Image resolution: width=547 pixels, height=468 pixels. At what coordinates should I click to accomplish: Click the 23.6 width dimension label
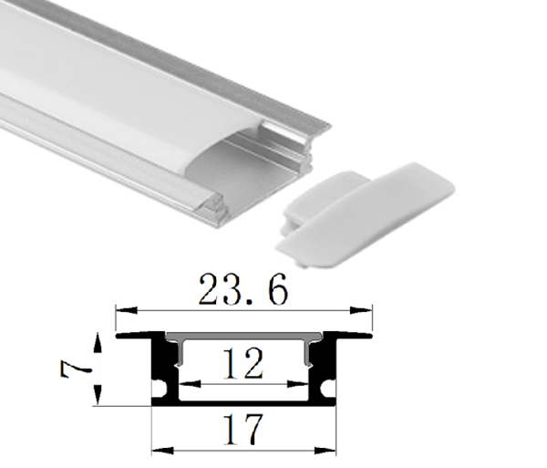coord(243,290)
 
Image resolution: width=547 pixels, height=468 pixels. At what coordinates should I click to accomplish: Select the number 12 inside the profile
coord(243,366)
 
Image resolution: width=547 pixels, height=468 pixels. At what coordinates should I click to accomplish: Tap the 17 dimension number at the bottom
coord(243,428)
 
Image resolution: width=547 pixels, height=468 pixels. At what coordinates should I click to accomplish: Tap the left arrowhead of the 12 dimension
coord(182,384)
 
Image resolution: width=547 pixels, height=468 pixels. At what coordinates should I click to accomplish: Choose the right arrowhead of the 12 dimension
coord(305,384)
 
